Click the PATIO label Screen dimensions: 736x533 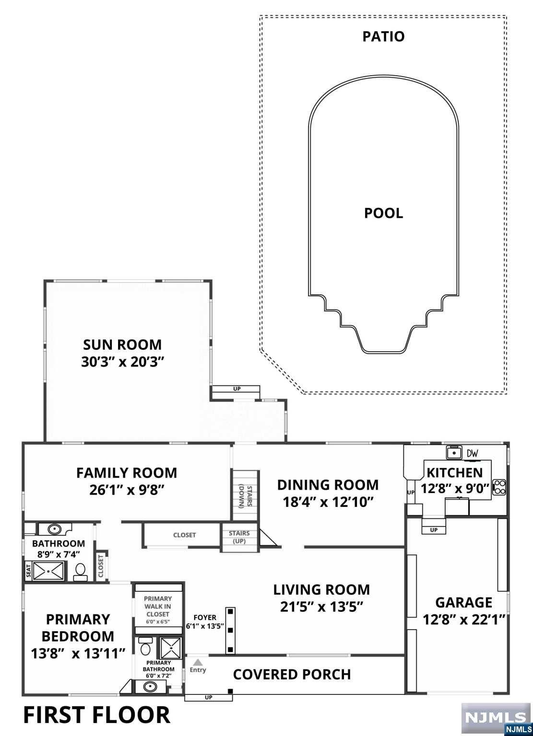point(383,36)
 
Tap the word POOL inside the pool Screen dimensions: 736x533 point(383,213)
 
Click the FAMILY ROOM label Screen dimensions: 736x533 point(127,473)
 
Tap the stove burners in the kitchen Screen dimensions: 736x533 point(500,487)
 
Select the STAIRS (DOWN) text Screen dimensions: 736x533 point(245,495)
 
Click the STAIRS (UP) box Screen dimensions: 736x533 point(239,537)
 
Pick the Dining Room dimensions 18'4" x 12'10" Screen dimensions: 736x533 point(328,502)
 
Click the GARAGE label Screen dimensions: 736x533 point(463,602)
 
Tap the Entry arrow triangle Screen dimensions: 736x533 point(198,662)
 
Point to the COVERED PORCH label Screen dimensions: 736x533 point(292,674)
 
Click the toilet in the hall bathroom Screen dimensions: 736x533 point(80,570)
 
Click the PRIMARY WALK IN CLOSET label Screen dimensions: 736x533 point(158,606)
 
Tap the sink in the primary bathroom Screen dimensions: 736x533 point(151,686)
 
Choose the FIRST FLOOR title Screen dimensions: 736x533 point(96,715)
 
